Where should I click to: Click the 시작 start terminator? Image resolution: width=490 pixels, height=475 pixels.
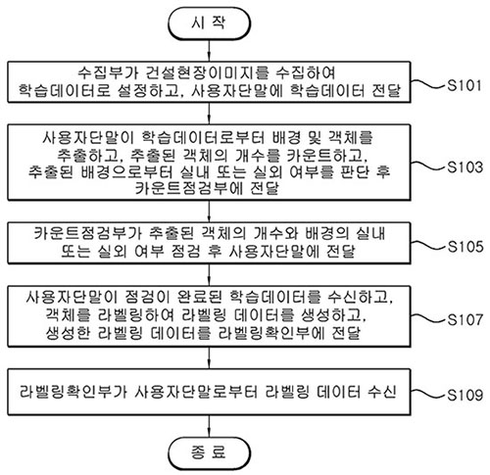coord(209,24)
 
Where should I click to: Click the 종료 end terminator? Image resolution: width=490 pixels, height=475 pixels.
coord(209,453)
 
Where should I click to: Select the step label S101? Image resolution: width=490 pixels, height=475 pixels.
coord(465,85)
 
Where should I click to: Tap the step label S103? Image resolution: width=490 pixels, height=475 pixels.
coord(465,166)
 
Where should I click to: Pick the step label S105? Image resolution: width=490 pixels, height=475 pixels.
coord(465,247)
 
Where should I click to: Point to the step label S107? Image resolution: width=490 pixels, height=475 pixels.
coord(465,319)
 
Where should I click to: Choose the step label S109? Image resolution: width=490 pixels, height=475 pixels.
coord(465,395)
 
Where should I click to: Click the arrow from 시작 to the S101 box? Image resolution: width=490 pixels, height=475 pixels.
coord(209,51)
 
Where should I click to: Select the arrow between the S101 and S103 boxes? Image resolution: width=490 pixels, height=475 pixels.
coord(209,114)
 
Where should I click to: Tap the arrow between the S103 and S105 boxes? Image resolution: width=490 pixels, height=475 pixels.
coord(209,212)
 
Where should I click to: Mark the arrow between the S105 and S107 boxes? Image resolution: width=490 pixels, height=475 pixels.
coord(209,274)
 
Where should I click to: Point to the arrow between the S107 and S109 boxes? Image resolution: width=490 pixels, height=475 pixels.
coord(209,357)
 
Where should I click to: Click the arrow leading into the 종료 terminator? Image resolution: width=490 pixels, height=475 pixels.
coord(209,426)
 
